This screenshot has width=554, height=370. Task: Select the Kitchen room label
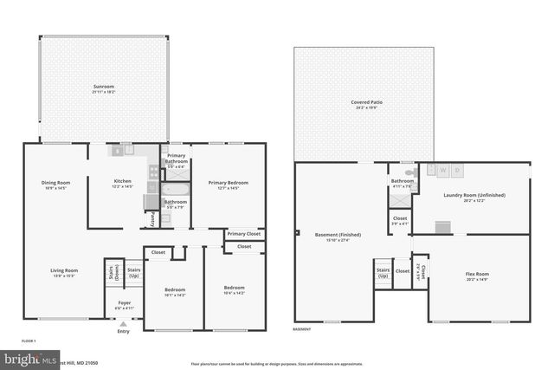122,183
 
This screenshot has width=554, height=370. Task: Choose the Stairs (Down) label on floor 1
112,273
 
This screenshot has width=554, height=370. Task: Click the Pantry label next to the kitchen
151,217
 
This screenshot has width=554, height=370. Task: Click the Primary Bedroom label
228,184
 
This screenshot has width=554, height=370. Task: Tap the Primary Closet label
244,234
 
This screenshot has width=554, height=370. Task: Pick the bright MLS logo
27,357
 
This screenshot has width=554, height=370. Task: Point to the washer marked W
443,171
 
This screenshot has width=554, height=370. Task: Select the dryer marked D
458,171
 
